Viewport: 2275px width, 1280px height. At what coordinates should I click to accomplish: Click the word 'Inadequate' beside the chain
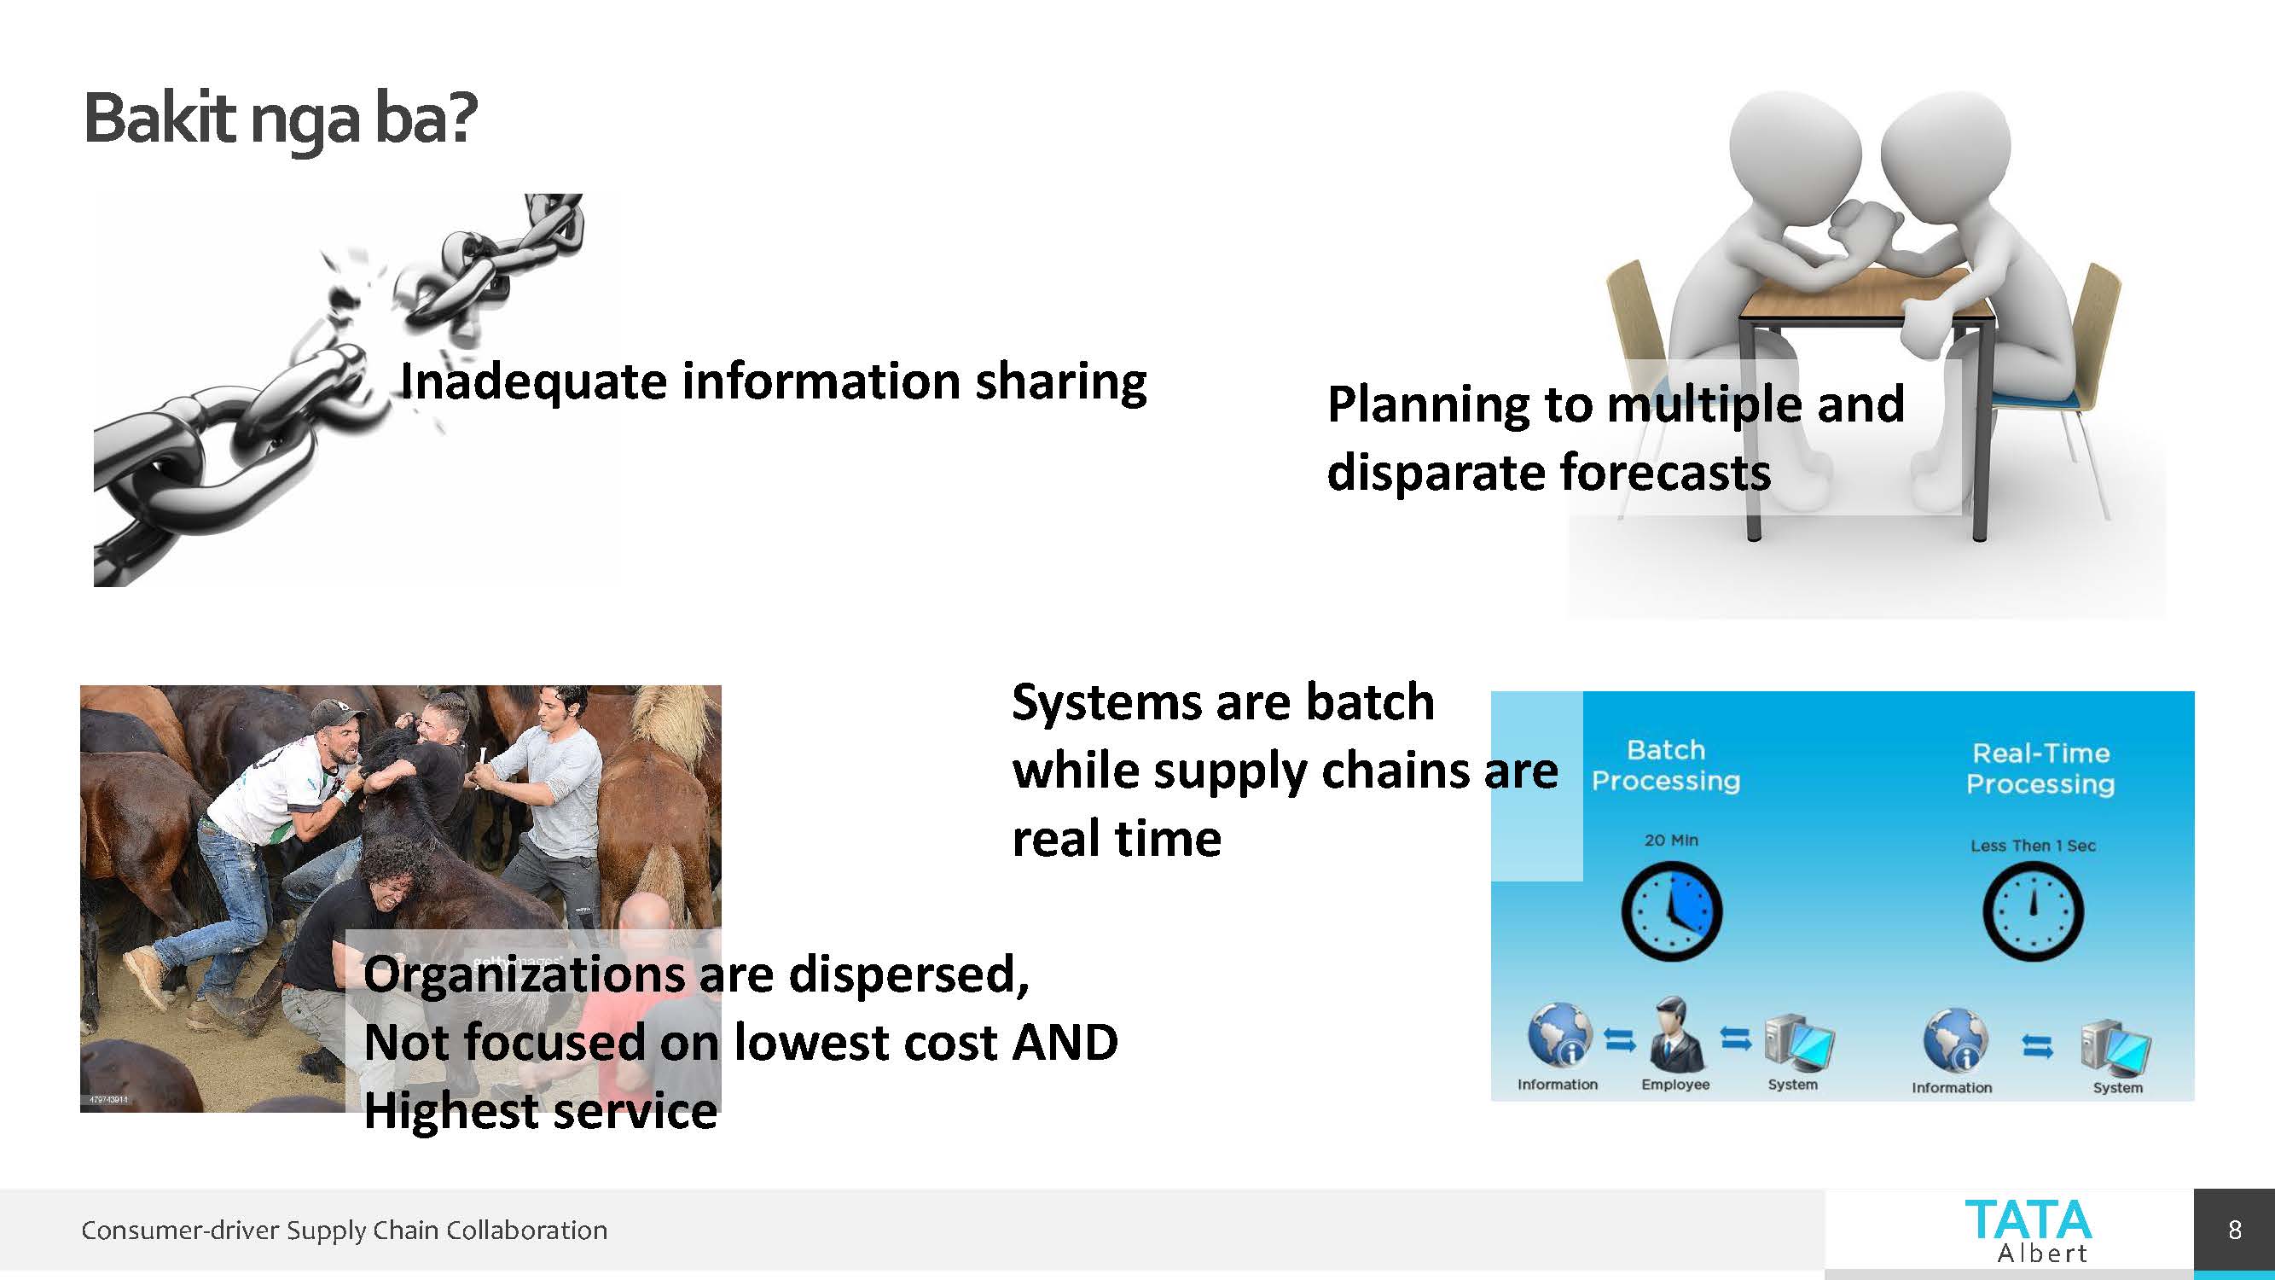coord(532,382)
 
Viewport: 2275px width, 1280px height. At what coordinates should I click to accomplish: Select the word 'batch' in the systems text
coord(1370,702)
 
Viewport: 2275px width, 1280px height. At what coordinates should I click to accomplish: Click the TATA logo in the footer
coord(2028,1231)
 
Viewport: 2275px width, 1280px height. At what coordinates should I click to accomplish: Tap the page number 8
coord(2234,1230)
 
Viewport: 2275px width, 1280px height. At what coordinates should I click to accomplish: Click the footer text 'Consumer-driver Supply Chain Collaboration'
coord(345,1230)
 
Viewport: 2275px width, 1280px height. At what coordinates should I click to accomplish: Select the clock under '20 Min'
coord(1672,912)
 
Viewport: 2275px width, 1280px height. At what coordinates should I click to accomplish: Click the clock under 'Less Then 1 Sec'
coord(2033,911)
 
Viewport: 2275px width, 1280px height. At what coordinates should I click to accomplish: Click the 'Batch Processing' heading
coord(1666,765)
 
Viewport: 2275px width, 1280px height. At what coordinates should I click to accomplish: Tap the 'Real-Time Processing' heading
coord(2040,769)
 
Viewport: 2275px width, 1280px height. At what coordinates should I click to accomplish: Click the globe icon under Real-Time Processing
coord(1955,1039)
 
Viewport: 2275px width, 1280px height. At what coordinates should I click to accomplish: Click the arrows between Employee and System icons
coord(1735,1039)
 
